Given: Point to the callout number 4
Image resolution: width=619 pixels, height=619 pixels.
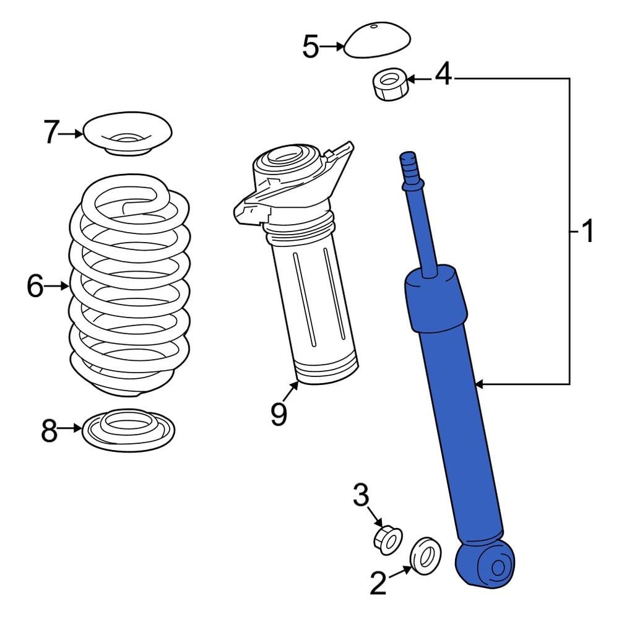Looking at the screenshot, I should tap(443, 76).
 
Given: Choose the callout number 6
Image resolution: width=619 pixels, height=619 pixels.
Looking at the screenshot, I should tap(35, 286).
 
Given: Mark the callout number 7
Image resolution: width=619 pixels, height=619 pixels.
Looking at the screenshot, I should tap(53, 132).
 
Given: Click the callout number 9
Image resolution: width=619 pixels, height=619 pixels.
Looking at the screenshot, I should tap(279, 414).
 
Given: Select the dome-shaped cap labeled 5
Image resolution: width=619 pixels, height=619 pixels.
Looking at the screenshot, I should tap(378, 41).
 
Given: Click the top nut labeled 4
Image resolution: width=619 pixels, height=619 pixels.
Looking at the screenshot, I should tap(390, 85).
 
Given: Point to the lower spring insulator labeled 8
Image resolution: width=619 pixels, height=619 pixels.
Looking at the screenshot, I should tap(128, 430).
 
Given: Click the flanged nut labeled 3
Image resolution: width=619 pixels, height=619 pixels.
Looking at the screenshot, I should tap(388, 541).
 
